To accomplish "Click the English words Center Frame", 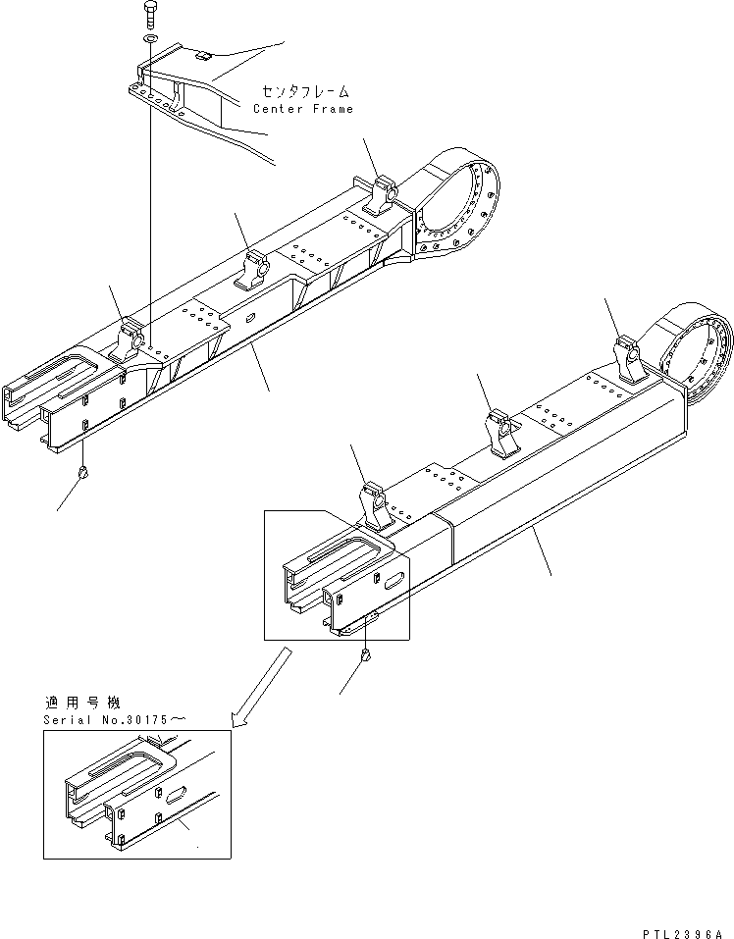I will pyautogui.click(x=303, y=109).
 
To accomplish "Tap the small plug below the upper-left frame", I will pyautogui.click(x=85, y=473).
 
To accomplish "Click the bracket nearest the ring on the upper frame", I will pyautogui.click(x=386, y=194).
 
